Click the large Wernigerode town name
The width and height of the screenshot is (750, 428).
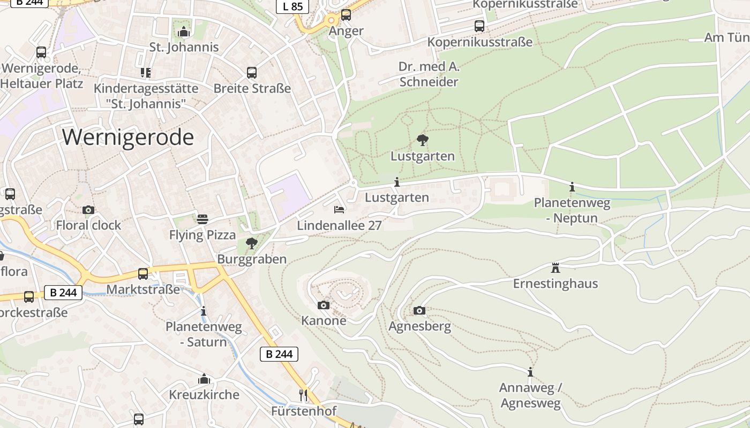click(127, 137)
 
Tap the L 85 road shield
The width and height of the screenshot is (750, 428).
click(292, 6)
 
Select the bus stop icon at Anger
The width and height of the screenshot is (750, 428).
click(346, 15)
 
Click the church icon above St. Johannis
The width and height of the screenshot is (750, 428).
click(184, 32)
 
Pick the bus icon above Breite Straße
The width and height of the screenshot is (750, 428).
click(252, 73)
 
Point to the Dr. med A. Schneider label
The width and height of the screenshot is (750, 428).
click(429, 74)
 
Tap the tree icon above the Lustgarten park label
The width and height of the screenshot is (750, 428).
click(422, 141)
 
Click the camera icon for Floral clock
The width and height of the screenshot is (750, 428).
click(88, 210)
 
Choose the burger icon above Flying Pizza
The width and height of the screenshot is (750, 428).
click(202, 219)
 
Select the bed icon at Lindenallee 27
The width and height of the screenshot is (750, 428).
click(339, 209)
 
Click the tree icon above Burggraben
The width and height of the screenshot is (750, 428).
click(251, 244)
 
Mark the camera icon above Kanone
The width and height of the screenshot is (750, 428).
click(324, 305)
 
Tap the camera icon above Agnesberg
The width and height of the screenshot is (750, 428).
click(419, 310)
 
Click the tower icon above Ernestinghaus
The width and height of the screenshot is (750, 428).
click(555, 267)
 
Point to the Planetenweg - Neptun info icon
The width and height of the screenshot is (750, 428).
click(572, 187)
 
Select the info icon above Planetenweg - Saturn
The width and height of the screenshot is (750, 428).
click(203, 311)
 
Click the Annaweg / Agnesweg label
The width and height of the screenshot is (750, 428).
click(530, 395)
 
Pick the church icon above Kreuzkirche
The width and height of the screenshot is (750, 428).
click(204, 379)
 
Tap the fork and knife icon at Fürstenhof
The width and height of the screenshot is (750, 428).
click(303, 395)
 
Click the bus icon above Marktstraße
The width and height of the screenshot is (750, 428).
click(143, 274)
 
